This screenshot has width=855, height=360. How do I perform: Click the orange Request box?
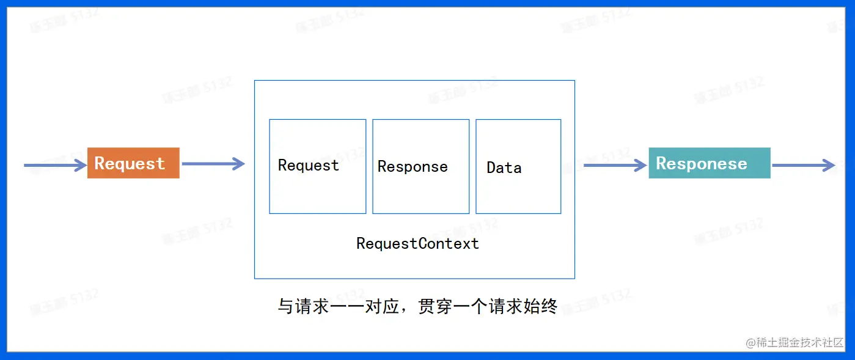click(133, 163)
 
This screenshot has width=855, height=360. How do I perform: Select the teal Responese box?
click(709, 163)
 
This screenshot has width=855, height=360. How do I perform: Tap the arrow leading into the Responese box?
click(615, 165)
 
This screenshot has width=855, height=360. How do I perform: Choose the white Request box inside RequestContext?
click(317, 166)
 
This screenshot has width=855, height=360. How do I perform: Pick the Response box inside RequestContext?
click(420, 166)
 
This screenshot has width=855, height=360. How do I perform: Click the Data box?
click(518, 166)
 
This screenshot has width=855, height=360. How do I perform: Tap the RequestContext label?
click(417, 244)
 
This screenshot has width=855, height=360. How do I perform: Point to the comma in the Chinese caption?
click(405, 309)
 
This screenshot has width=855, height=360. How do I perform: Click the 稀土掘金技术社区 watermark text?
click(801, 342)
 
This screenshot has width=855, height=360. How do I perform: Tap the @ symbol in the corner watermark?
click(751, 343)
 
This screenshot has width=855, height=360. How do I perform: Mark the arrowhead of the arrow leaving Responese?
click(829, 165)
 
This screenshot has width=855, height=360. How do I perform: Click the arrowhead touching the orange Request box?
click(81, 165)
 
